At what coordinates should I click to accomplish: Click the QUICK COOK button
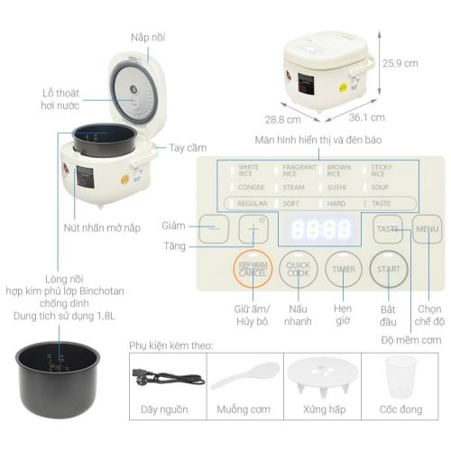point(298,269)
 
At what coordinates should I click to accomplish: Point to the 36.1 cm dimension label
point(367,117)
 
